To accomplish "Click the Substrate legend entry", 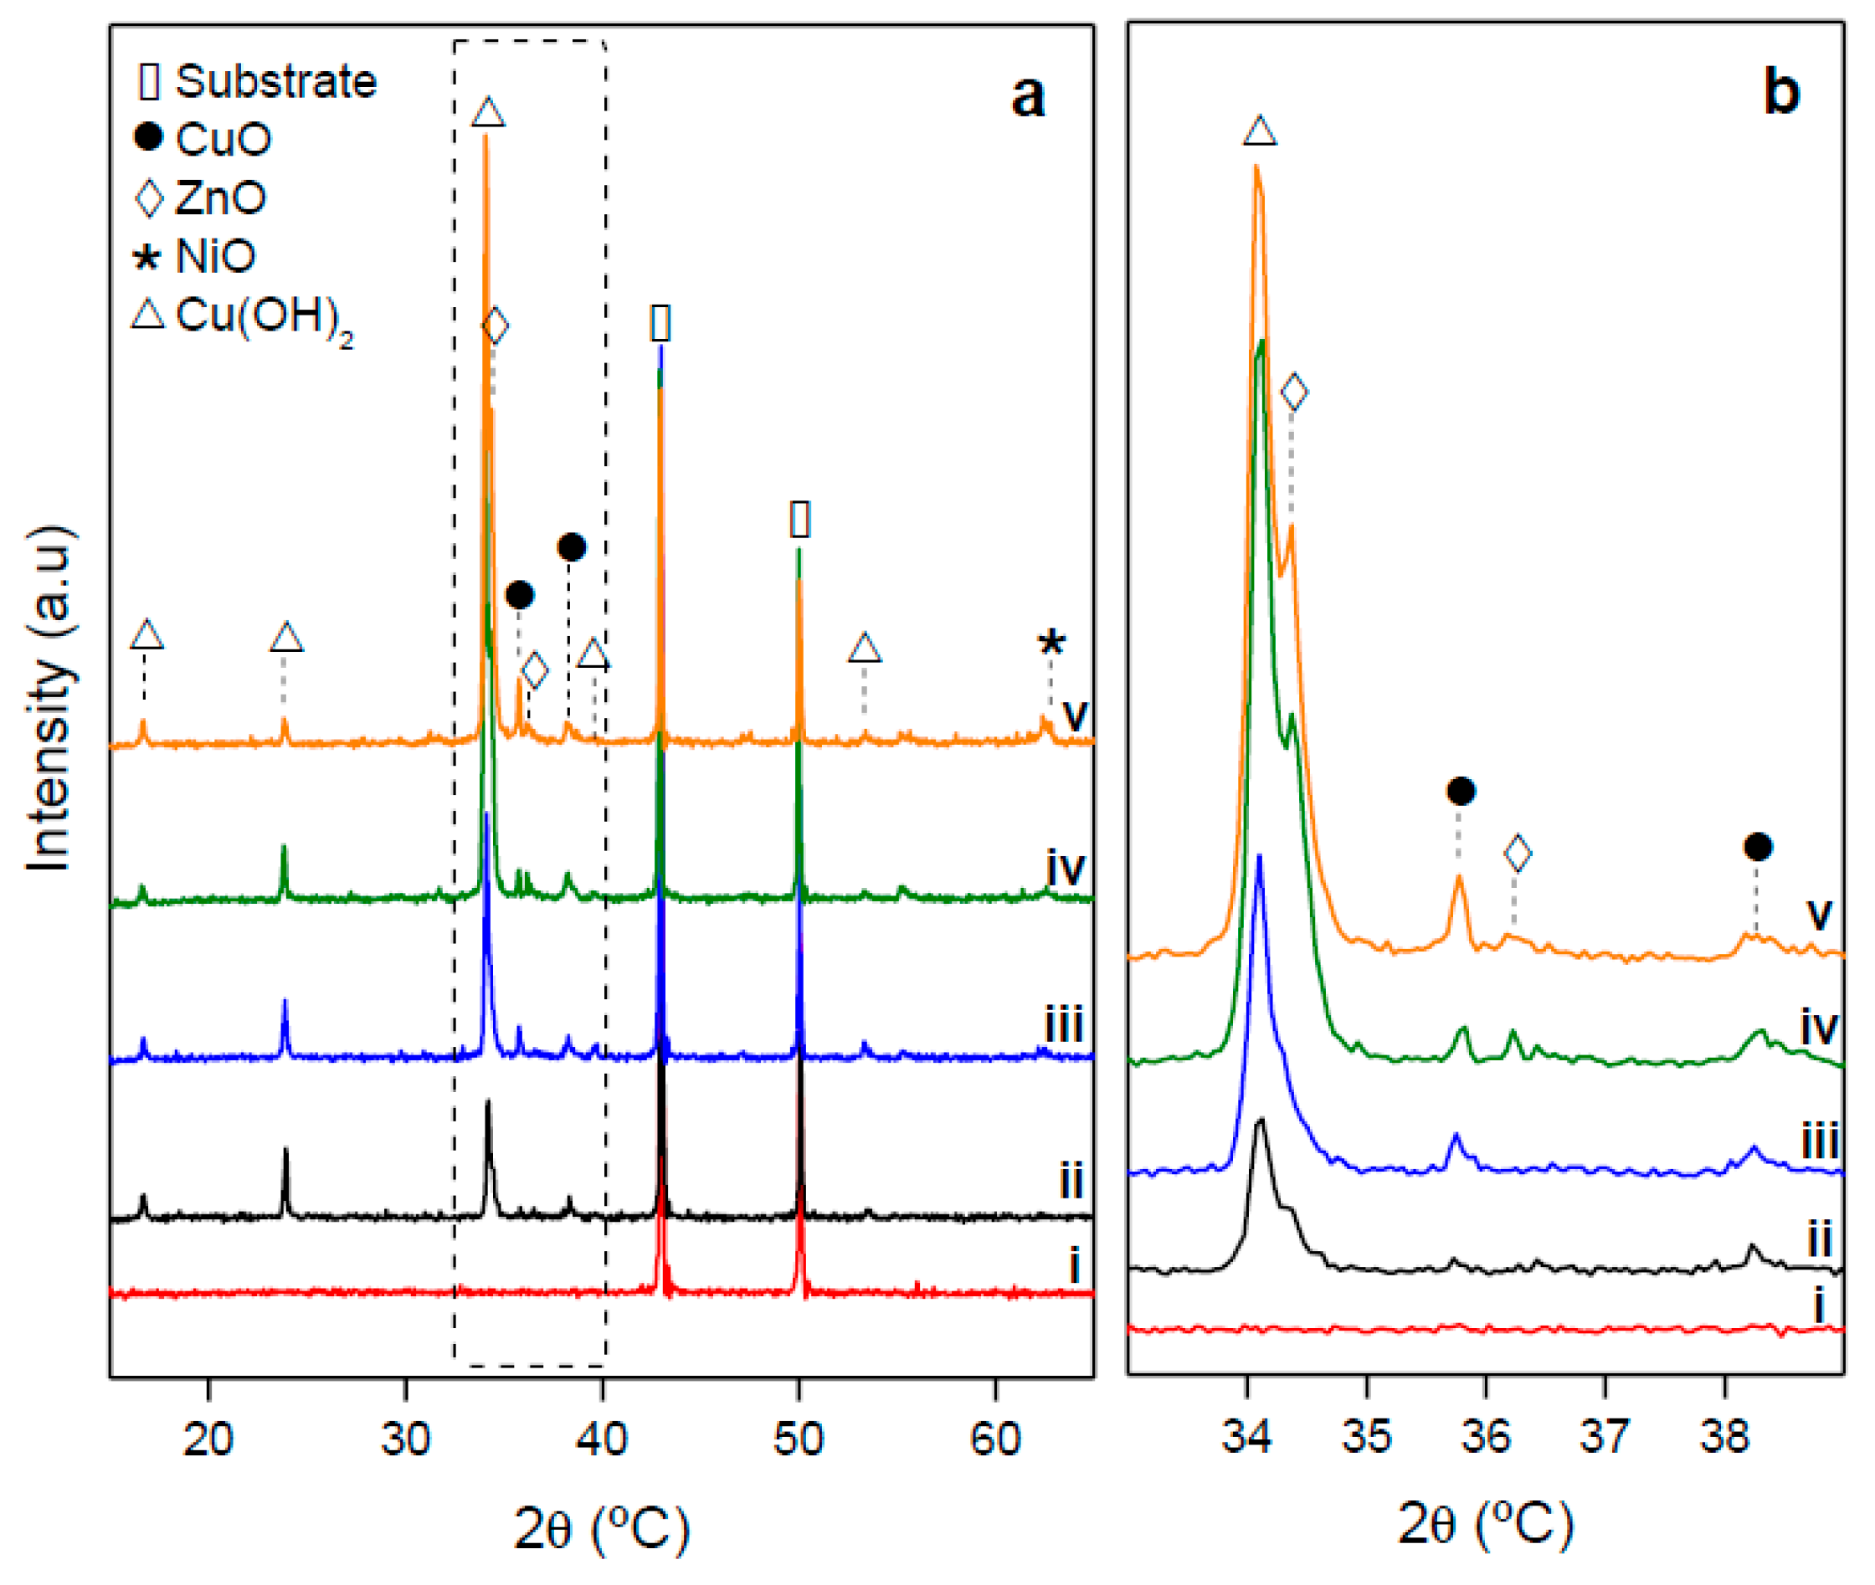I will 257,82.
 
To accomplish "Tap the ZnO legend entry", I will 200,197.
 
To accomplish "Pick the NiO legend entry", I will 194,257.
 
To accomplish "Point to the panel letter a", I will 1027,96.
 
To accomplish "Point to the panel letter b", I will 1780,93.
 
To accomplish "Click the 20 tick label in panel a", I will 208,1439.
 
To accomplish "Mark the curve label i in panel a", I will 1073,1265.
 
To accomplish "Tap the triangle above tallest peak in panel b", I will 1259,131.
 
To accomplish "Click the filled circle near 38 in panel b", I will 1757,846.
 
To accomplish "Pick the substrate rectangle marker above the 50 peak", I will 799,520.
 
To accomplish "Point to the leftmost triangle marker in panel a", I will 146,635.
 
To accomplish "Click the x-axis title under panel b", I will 1485,1525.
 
